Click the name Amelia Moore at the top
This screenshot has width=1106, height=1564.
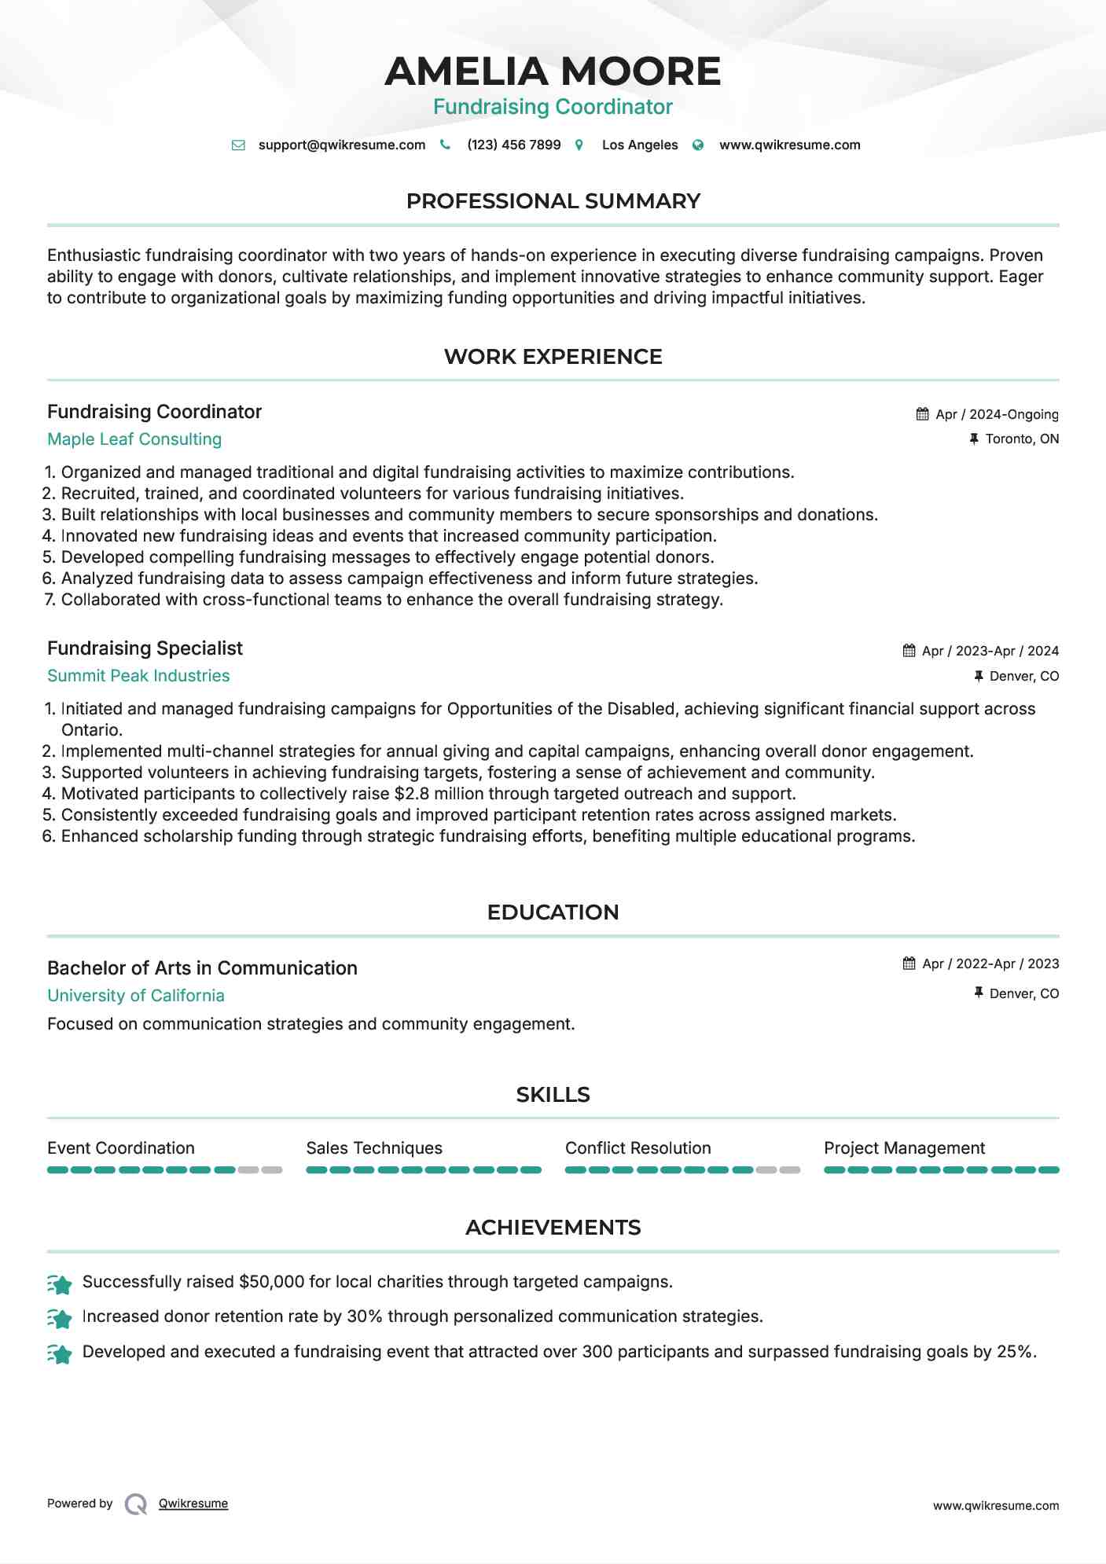point(553,72)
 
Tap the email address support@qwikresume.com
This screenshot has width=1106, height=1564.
point(341,145)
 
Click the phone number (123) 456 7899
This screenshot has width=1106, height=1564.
point(513,145)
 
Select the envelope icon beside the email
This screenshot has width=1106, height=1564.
point(238,145)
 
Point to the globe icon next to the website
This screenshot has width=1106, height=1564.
point(698,145)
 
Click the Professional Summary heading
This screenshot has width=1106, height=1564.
point(553,201)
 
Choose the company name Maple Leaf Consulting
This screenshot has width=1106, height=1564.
point(134,439)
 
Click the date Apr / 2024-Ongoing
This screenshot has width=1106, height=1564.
point(997,414)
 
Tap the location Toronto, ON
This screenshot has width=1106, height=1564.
point(1022,439)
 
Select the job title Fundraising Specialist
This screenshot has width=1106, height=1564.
point(145,648)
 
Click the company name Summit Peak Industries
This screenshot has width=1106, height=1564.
point(138,676)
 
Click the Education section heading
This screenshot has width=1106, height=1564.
point(553,912)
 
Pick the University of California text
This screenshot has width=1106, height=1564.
point(136,996)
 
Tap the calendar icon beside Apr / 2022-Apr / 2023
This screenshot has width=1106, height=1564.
point(909,964)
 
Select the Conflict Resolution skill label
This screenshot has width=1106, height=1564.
point(638,1148)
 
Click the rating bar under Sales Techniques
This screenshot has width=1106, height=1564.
point(424,1170)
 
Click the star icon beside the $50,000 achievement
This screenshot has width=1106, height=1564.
point(60,1283)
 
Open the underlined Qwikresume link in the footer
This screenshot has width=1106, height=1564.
point(193,1503)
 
